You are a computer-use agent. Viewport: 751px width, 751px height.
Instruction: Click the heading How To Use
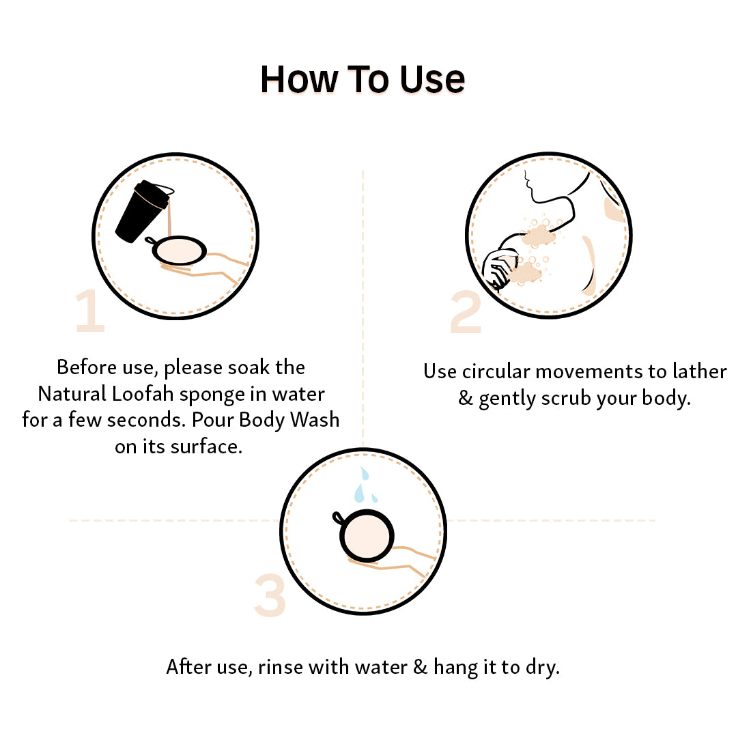pyautogui.click(x=363, y=79)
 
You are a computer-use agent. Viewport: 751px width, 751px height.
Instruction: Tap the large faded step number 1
pyautogui.click(x=91, y=311)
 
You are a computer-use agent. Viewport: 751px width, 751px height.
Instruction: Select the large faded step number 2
pyautogui.click(x=466, y=311)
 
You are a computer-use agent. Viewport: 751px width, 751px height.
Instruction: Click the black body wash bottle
pyautogui.click(x=142, y=211)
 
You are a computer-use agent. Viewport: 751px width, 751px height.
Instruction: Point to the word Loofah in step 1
pyautogui.click(x=143, y=394)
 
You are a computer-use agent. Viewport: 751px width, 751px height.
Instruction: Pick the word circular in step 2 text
pyautogui.click(x=496, y=371)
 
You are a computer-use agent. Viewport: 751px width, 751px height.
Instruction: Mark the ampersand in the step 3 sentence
pyautogui.click(x=420, y=667)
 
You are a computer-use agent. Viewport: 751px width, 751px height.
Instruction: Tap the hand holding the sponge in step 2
pyautogui.click(x=500, y=269)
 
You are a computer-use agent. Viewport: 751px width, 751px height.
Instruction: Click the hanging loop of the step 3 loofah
pyautogui.click(x=338, y=518)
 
